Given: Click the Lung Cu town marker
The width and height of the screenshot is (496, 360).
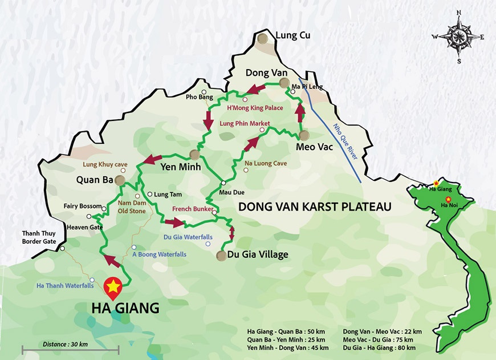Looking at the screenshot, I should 263,38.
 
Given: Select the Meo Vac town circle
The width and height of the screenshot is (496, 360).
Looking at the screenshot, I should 303,135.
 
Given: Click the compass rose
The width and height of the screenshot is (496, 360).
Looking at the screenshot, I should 458,38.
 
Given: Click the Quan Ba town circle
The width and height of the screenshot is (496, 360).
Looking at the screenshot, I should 119,180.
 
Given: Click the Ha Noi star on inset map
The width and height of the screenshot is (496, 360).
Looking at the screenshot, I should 448,199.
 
